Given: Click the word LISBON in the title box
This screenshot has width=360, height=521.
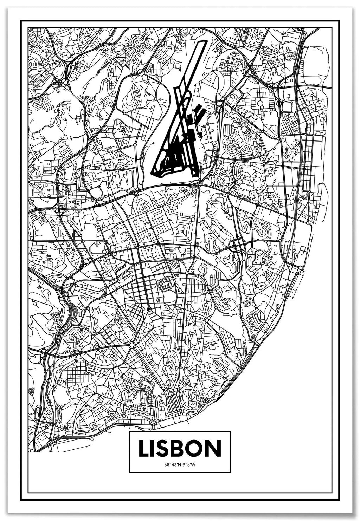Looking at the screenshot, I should click(180, 448).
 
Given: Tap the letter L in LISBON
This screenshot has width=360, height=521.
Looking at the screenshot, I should click(144, 448).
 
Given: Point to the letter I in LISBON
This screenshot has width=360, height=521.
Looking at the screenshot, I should click(155, 448).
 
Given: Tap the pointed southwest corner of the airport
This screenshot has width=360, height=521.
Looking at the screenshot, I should click(152, 173).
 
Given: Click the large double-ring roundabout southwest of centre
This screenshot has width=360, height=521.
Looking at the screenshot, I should click(131, 345).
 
